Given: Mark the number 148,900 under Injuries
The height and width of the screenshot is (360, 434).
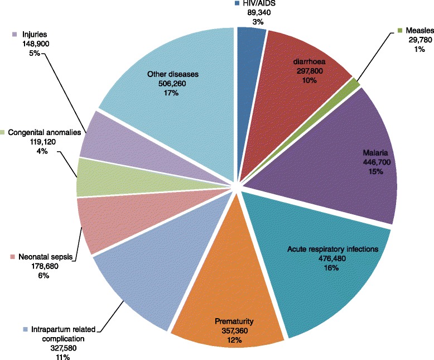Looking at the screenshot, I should pos(28,44).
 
